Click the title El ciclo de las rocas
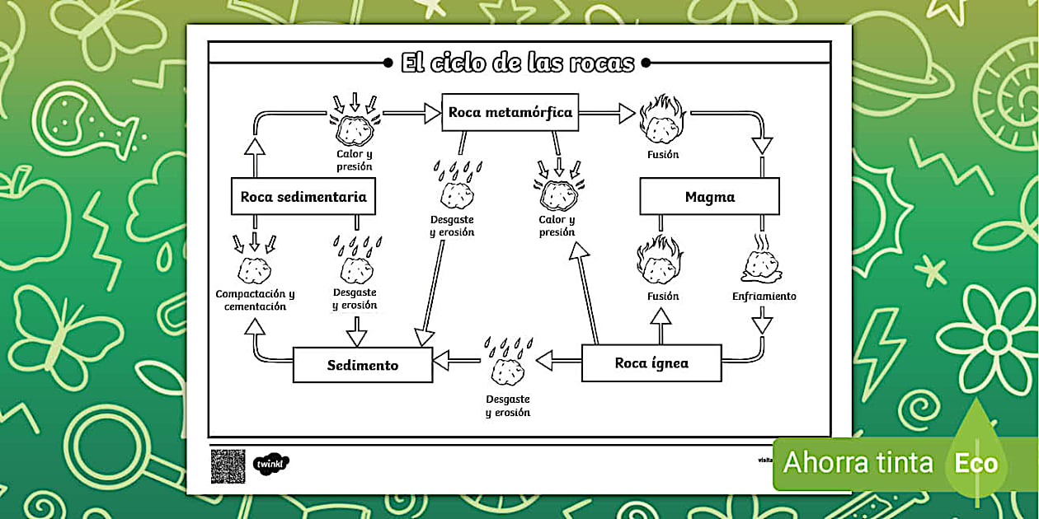coord(518,63)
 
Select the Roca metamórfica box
coord(510,112)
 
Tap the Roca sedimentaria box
coord(303,197)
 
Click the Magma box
coord(709,197)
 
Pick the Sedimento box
coord(363,365)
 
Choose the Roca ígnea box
coord(651,363)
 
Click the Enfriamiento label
coord(764,296)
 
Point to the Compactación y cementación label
coord(255,300)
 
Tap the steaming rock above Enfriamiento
coord(761,259)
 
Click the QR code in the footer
coord(228,465)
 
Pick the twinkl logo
coord(270,464)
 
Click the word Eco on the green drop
coord(976,462)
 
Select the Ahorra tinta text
coord(858,462)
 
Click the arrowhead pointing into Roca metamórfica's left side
coord(432,113)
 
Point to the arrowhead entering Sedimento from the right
coord(442,360)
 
